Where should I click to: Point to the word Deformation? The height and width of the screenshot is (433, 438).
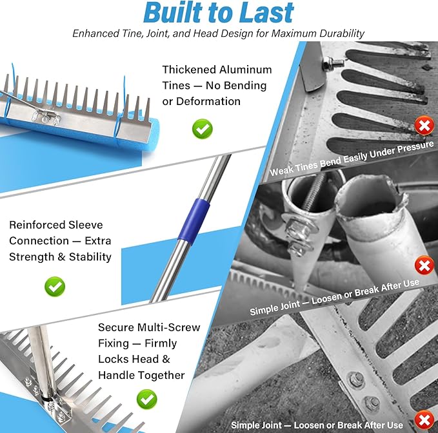(x=208, y=101)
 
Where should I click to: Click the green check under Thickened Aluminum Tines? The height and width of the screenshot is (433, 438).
(x=203, y=129)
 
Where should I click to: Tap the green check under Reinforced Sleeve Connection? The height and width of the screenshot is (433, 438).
(x=55, y=286)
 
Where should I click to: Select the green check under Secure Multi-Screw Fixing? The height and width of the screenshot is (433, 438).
(x=147, y=399)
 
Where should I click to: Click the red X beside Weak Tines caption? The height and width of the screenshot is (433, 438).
(x=424, y=126)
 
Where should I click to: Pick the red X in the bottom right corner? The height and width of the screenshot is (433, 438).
(x=424, y=420)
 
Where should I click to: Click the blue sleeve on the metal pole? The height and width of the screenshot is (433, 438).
(x=194, y=222)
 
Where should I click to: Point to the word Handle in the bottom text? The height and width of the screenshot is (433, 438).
(x=117, y=375)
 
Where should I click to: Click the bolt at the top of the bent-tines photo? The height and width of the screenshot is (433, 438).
(x=332, y=64)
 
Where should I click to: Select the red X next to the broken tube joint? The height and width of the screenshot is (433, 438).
(x=424, y=265)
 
